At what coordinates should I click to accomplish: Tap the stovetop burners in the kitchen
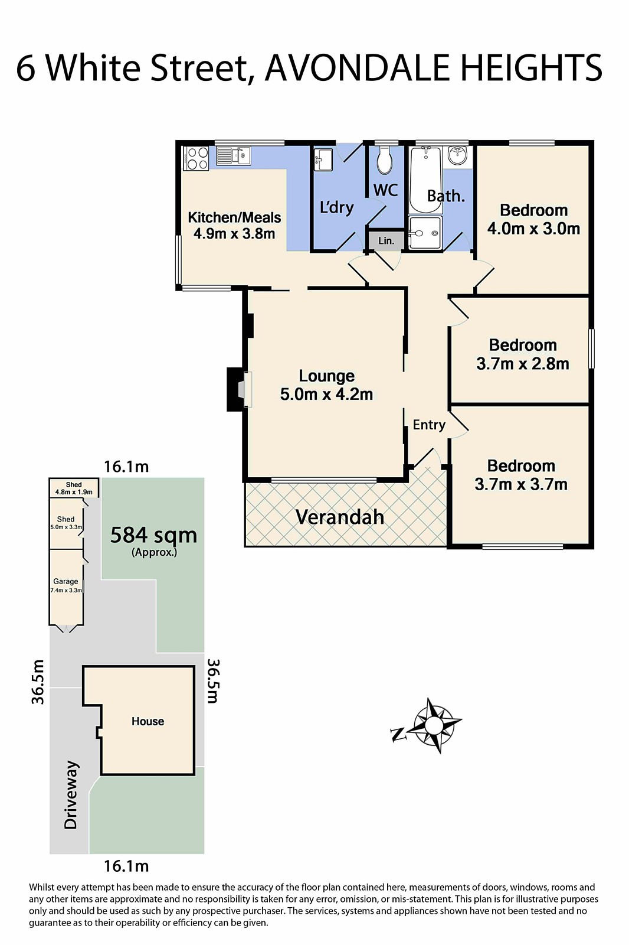tap(196, 158)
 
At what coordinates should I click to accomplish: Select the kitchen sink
tap(233, 157)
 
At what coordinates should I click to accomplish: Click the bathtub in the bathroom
tap(425, 179)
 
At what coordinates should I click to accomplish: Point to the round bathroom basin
tap(457, 156)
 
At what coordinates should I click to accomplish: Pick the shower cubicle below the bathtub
tap(425, 233)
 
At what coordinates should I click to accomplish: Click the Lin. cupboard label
tap(386, 241)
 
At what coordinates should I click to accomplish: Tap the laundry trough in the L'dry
tap(323, 160)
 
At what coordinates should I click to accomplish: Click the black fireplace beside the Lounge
tap(235, 389)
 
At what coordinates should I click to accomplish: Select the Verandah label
tap(339, 517)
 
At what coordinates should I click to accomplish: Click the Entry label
tap(429, 425)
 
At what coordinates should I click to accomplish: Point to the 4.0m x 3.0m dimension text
tap(533, 229)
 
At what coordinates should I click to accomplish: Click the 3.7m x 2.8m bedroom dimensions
tap(522, 364)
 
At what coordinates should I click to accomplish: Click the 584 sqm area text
tap(153, 535)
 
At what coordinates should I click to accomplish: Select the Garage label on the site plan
tap(65, 581)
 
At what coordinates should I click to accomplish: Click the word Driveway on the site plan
tap(71, 794)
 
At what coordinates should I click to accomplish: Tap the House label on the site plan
tap(148, 721)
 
